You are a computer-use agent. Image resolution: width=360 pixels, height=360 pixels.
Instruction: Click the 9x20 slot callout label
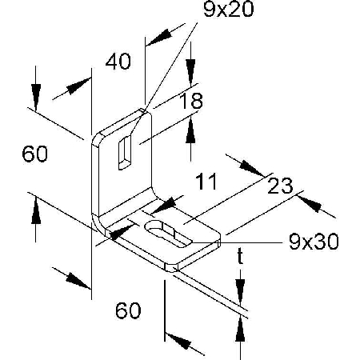pos(229,10)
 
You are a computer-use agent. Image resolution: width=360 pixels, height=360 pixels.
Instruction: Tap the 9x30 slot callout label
pos(314,242)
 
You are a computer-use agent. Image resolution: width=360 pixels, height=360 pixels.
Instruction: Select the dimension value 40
pos(118,62)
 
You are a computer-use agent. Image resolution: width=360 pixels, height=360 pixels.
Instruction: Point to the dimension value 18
pos(191,101)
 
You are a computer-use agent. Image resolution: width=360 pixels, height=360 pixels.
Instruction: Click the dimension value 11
pos(206,182)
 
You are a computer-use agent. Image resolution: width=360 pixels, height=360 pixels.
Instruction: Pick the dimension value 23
pos(280,186)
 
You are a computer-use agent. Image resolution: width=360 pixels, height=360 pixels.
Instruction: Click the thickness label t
pos(240,256)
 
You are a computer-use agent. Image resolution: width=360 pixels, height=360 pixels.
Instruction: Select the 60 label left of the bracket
pos(35,154)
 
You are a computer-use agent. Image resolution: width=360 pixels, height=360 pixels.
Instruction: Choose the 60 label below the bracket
pos(128,310)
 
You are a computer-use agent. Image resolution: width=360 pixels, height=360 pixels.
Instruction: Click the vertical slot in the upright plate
pos(125,152)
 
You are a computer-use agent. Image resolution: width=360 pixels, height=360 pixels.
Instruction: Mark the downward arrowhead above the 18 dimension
pos(190,72)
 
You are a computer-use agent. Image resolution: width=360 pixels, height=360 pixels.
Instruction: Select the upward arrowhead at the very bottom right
pos(240,330)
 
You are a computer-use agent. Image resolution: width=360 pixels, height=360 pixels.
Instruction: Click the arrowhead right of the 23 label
pos(310,204)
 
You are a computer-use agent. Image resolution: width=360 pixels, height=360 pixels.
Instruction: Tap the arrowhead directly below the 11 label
pos(164,206)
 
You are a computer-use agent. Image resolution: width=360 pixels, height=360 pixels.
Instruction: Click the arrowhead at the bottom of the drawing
pos(178,341)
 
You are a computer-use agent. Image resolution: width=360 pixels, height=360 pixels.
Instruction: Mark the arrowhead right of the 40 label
pos(158,38)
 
